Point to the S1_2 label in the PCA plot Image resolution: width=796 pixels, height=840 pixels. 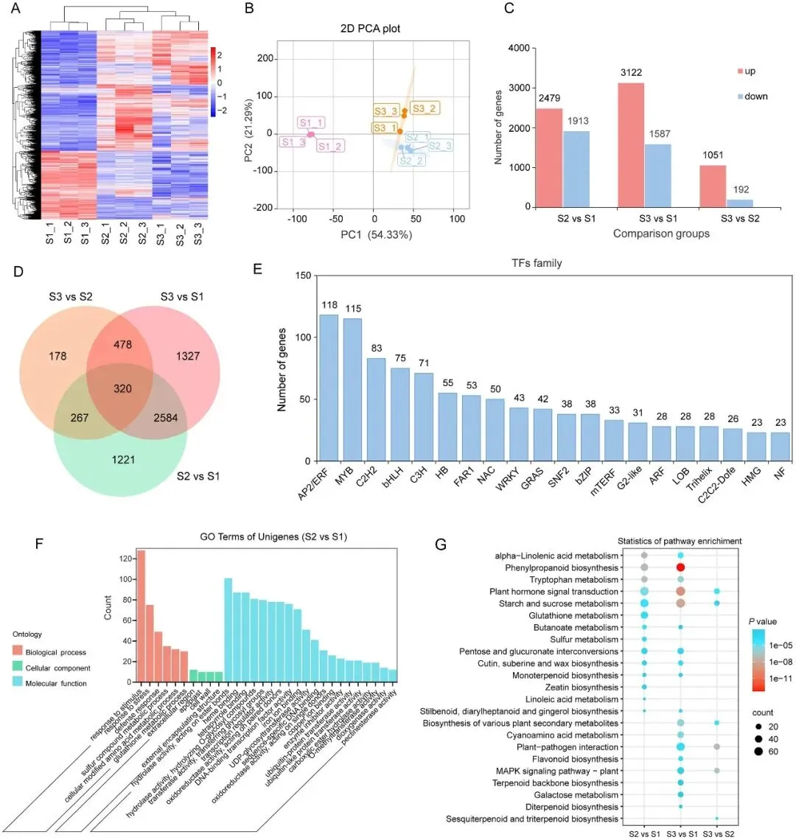coord(329,146)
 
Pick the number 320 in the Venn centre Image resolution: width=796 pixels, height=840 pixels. coord(122,388)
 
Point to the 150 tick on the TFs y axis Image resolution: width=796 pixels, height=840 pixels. coord(301,276)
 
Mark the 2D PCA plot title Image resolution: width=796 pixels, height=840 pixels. coord(374,29)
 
